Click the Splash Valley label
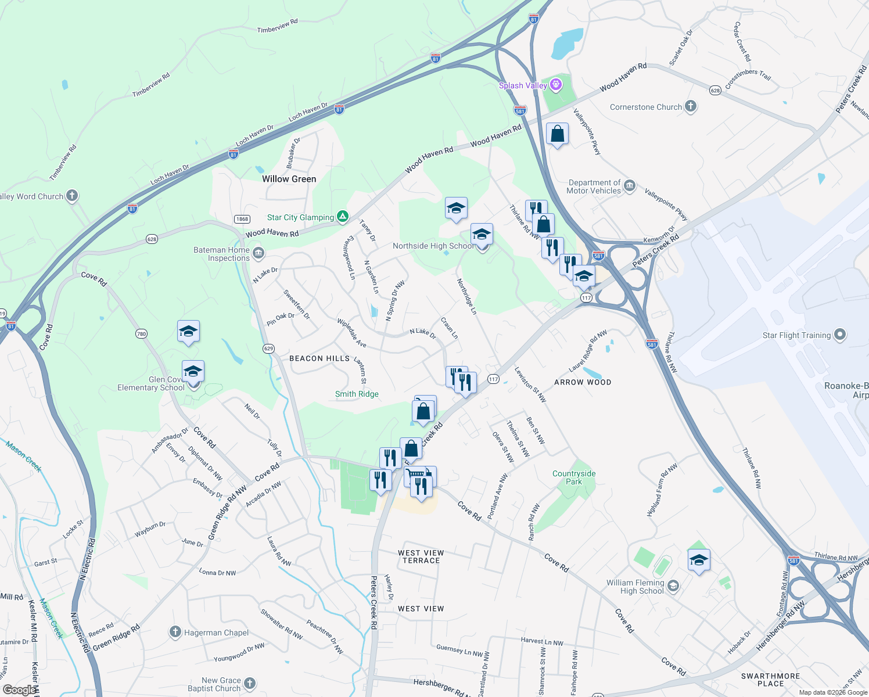coord(523,85)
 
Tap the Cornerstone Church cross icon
coord(691,106)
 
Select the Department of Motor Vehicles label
coord(594,186)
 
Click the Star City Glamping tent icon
coord(343,217)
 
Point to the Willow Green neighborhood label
coord(289,179)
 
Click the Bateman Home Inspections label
coord(221,254)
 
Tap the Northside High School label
coord(433,246)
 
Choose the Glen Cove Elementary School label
coord(151,383)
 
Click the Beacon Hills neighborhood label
coord(319,358)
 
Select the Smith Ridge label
coord(357,394)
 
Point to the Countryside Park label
coord(574,477)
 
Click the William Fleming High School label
coord(635,587)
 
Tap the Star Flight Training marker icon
coord(839,335)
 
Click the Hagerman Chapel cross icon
coord(175,632)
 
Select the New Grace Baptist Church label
coord(214,684)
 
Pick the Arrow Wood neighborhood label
coord(583,382)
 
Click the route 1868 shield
coord(242,219)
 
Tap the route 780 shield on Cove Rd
coord(141,333)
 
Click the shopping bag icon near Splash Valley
coord(557,134)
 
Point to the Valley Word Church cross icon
coord(72,196)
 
